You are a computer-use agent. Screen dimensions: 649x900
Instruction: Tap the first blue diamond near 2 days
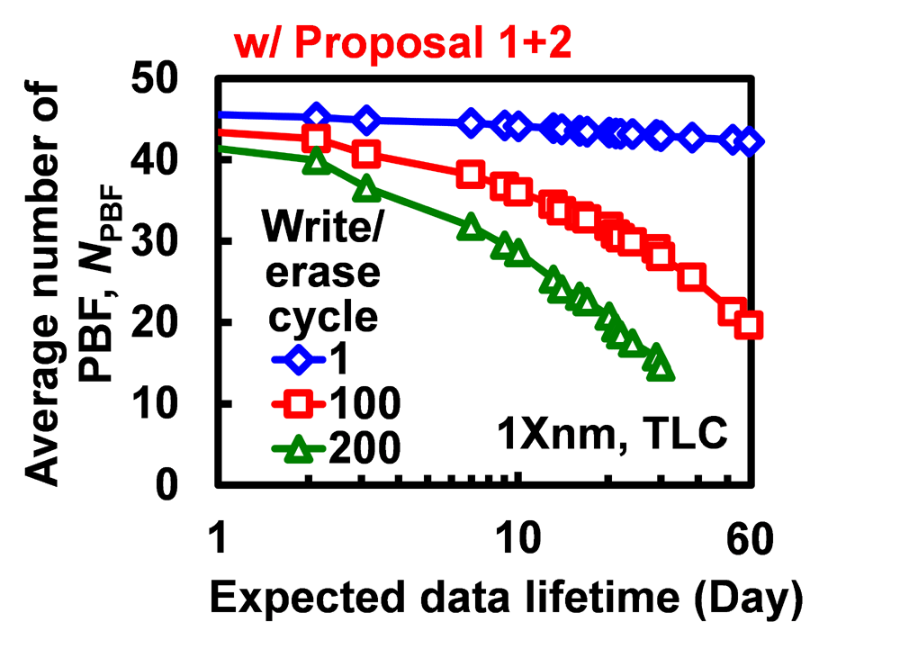[x=316, y=116]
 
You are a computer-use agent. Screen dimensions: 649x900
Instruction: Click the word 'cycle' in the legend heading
[x=310, y=316]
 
